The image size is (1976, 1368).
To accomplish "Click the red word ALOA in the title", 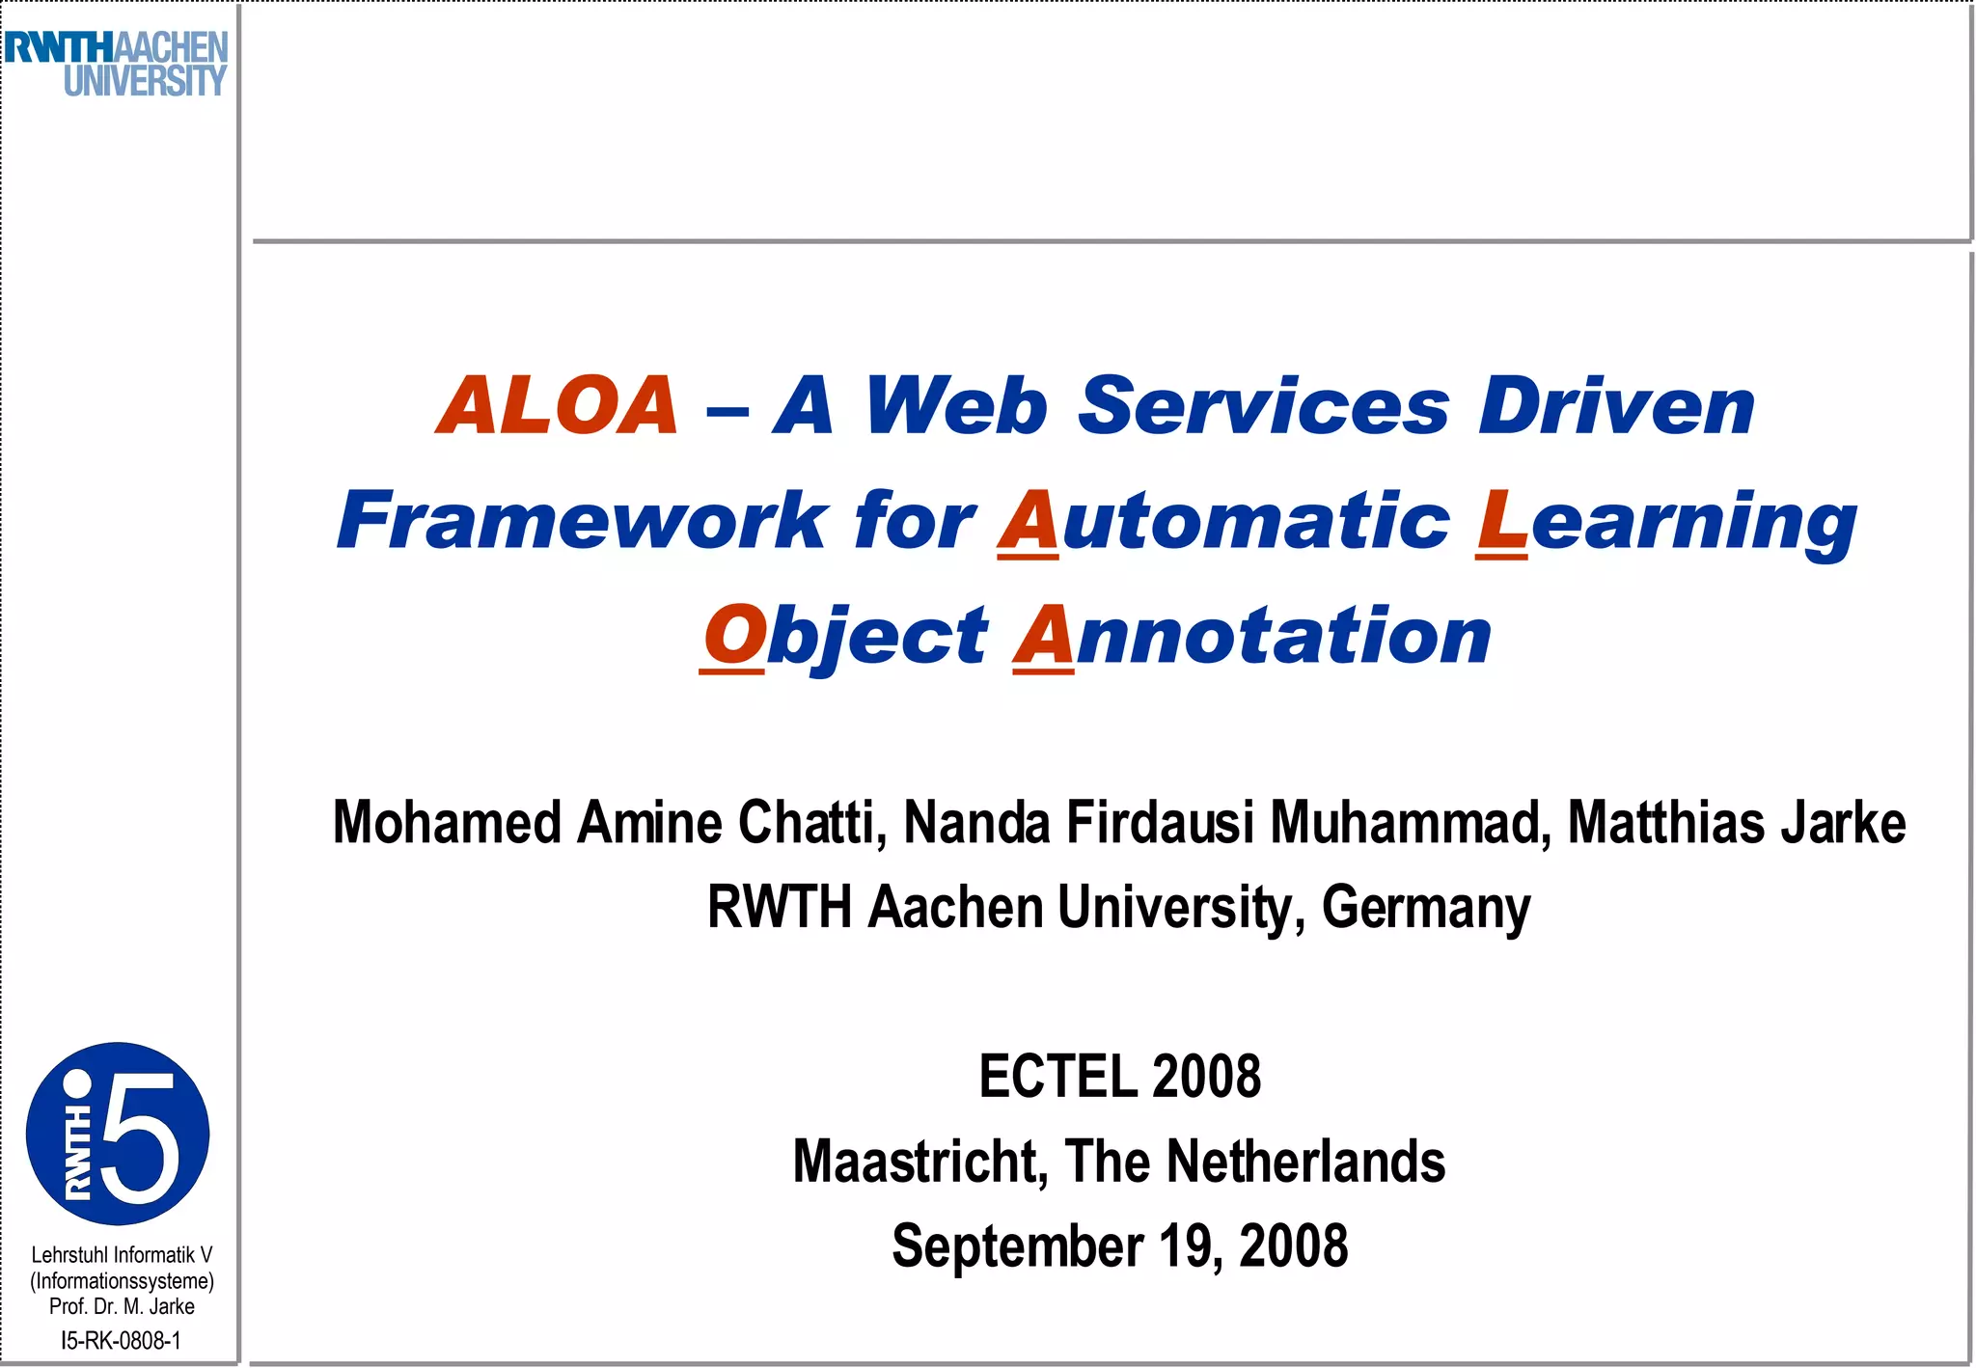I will [558, 406].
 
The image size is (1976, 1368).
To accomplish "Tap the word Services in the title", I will [1263, 406].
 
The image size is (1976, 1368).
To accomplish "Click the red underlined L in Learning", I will [1501, 521].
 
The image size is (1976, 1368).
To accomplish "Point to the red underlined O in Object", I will [733, 636].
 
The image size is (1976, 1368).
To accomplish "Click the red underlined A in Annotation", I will [1044, 636].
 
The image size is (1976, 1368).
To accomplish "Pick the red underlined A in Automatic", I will [1028, 521].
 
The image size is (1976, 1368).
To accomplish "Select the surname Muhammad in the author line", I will [1410, 823].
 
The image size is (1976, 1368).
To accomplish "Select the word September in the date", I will [1017, 1246].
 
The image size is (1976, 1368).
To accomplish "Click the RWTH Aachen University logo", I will [117, 64].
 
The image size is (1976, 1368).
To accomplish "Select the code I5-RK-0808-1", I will [121, 1340].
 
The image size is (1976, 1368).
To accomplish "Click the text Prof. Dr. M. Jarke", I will [122, 1306].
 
